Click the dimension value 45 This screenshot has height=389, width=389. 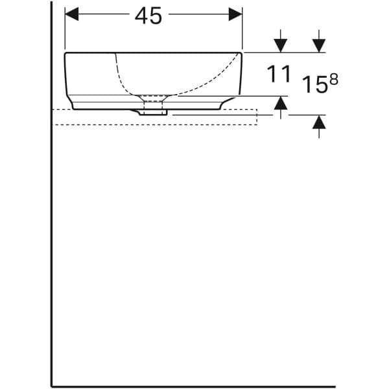[x=148, y=16]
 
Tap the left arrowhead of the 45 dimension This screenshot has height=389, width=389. [x=71, y=14]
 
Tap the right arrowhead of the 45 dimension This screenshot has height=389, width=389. [x=235, y=14]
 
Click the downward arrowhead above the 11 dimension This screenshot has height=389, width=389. [x=280, y=45]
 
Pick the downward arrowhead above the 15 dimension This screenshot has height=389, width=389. [x=318, y=45]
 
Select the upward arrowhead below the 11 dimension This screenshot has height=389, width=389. [x=280, y=102]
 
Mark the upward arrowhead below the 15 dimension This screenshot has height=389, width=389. [x=318, y=123]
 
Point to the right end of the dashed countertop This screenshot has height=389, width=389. [x=257, y=117]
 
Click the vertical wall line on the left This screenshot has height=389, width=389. [x=52, y=194]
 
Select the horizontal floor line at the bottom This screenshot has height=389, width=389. [x=194, y=386]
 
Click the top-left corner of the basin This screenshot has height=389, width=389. [x=66, y=54]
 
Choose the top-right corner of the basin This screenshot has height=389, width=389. [x=241, y=54]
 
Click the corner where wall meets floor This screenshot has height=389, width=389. [x=52, y=386]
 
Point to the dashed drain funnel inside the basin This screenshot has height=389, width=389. [x=154, y=99]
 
